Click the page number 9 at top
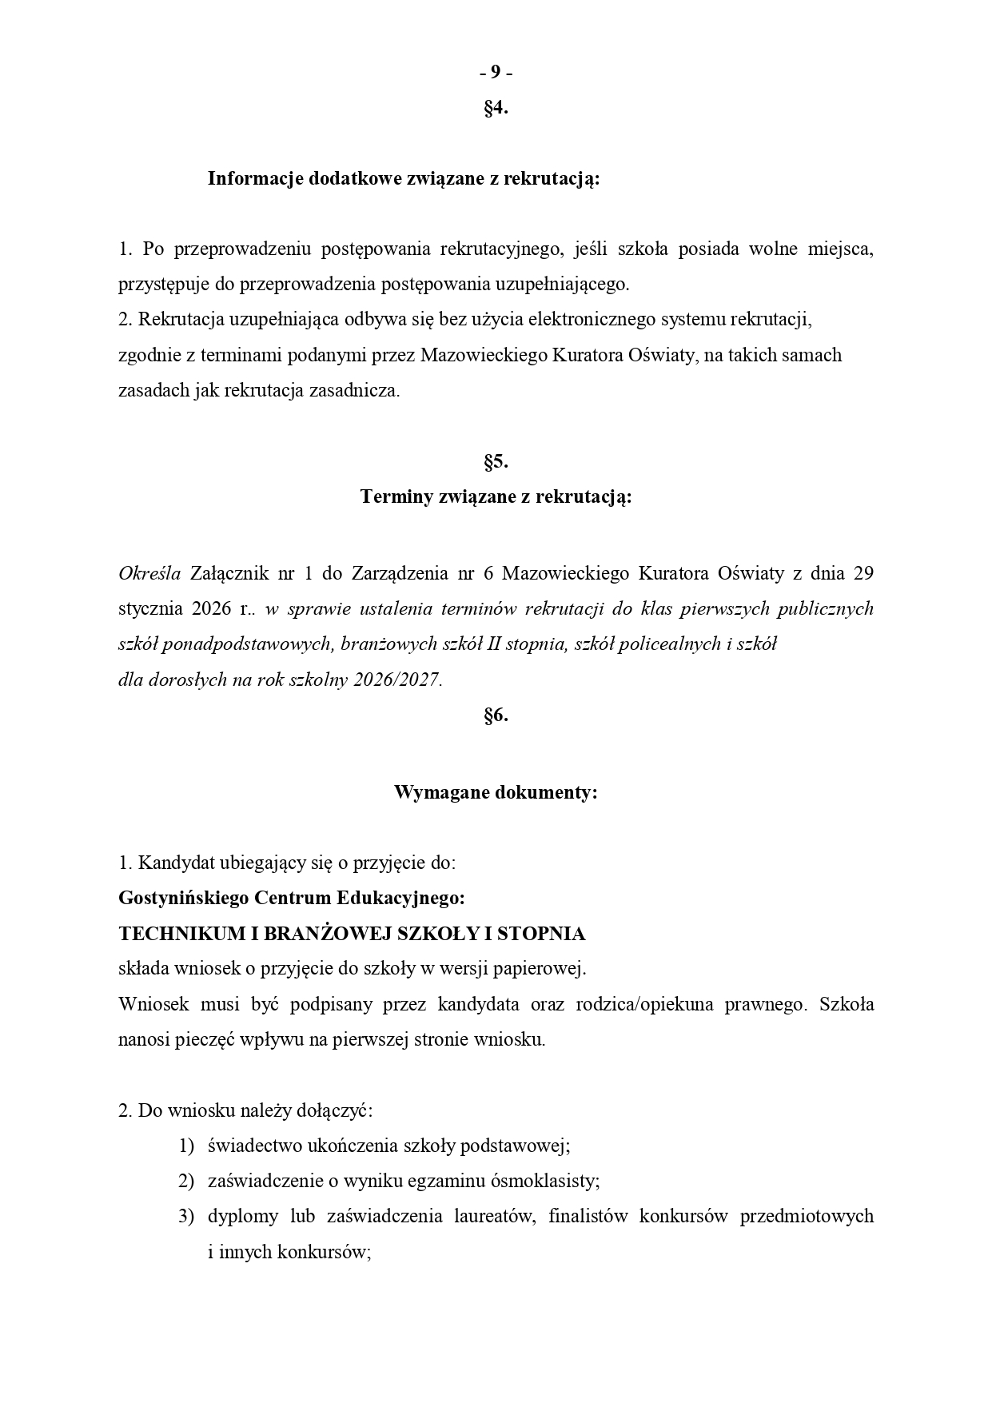496,73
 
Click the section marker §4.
496,108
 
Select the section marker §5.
496,461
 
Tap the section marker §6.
496,715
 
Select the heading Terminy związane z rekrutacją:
496,496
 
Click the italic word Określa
149,574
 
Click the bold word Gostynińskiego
182,898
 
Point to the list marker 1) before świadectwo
186,1146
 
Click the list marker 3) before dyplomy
186,1216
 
